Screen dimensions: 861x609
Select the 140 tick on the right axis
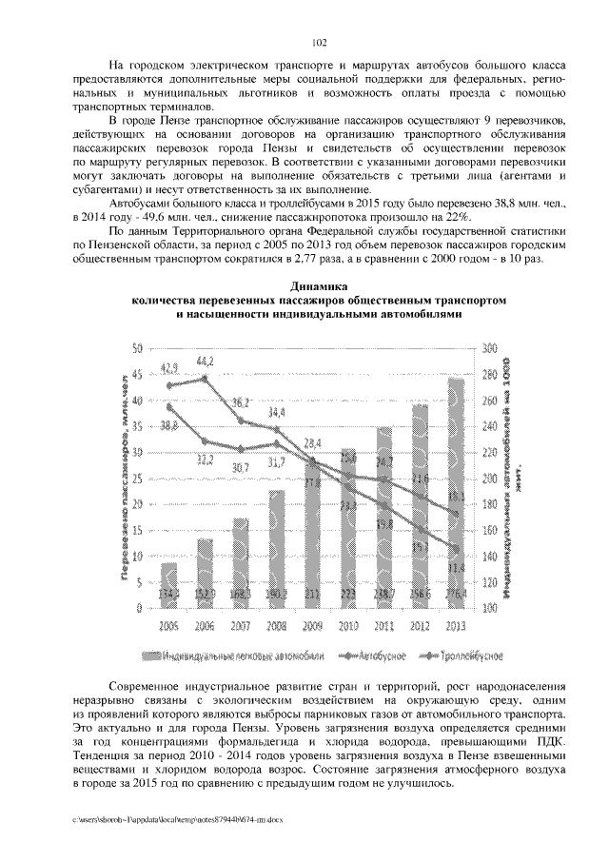pyautogui.click(x=490, y=556)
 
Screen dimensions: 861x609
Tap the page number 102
pyautogui.click(x=319, y=42)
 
